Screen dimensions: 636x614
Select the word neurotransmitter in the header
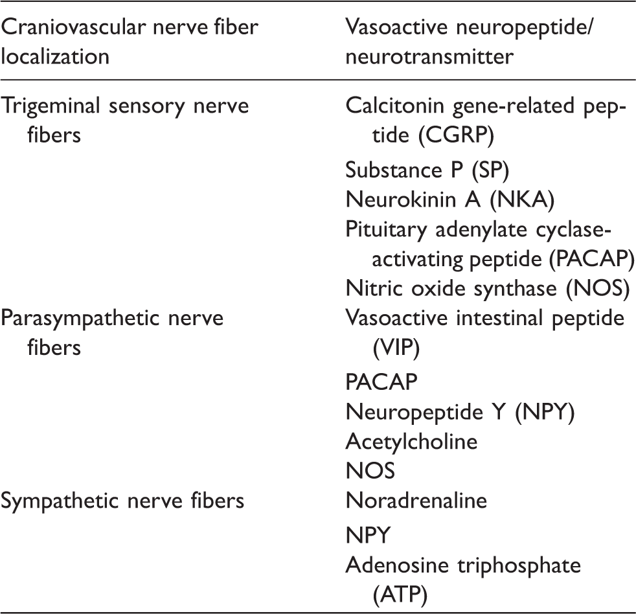coord(429,56)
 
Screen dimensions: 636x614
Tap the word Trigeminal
coord(51,107)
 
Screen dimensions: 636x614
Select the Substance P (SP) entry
coord(427,170)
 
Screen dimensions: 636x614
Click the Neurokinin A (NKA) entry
coord(450,200)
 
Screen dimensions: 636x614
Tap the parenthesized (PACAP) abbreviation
coord(591,259)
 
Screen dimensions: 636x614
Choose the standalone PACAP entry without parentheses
coord(381,382)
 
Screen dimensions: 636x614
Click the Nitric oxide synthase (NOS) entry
coord(488,289)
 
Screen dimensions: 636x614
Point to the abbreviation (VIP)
coord(396,348)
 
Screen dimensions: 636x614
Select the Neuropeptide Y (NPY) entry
coord(460,413)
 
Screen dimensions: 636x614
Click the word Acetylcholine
coord(411,442)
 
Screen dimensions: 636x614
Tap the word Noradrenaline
coord(416,501)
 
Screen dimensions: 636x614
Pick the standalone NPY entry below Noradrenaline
coord(368,536)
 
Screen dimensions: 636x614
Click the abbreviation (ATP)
coord(400,595)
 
